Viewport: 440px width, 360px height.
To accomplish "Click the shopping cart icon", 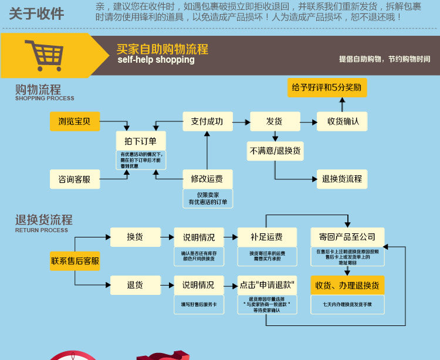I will coord(43,55).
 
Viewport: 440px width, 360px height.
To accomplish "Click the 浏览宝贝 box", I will coord(75,121).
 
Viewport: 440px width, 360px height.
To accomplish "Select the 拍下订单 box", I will coord(141,141).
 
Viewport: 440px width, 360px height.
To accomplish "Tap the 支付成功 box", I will coord(207,121).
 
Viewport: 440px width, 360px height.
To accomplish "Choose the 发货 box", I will coord(275,121).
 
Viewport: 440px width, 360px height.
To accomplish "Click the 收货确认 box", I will coord(343,121).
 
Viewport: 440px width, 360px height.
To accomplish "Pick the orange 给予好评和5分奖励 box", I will coord(327,87).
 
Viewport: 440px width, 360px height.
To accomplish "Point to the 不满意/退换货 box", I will coord(275,151).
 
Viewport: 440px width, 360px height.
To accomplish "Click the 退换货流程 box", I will coord(343,179).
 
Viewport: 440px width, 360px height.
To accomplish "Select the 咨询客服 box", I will coord(75,179).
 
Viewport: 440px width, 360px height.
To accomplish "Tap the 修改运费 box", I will coord(207,179).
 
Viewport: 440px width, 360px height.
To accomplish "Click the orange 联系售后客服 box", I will coord(75,261).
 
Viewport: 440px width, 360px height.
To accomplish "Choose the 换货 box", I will coord(135,237).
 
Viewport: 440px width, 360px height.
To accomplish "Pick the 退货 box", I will coord(135,285).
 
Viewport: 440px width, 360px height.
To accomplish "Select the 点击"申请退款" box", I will coord(266,285).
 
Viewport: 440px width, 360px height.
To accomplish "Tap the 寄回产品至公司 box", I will coord(347,237).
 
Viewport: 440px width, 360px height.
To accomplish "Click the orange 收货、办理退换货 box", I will coord(347,285).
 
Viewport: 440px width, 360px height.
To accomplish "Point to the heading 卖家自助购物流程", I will coord(163,49).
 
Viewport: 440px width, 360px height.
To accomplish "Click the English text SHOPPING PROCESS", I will coord(45,99).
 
